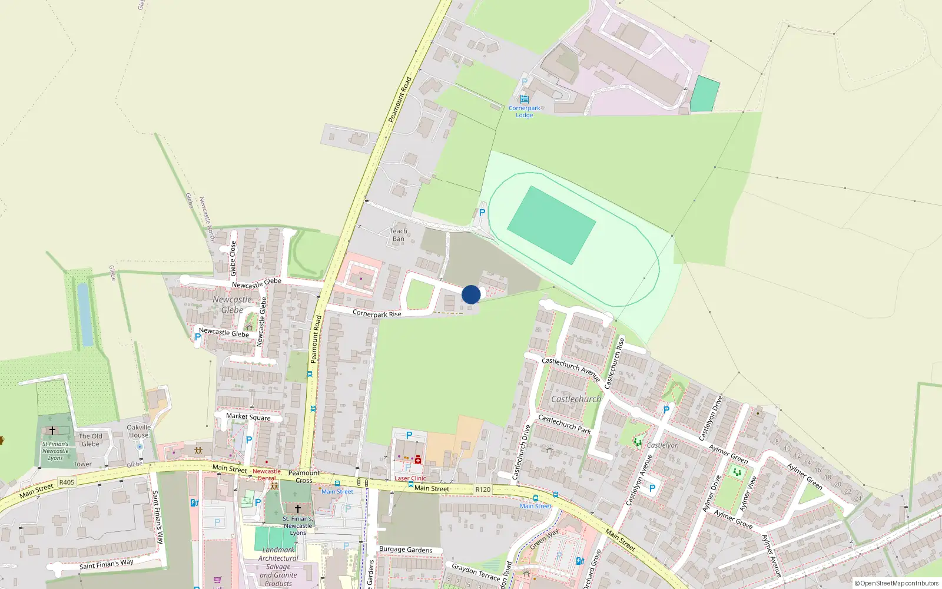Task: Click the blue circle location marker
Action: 471,294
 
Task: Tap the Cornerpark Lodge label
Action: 524,111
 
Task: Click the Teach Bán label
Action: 399,234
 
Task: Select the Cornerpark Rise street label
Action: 377,313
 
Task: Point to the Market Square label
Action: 248,417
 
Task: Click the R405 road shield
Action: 67,482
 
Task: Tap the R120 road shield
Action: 483,489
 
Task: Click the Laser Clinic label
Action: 410,478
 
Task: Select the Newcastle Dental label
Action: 267,474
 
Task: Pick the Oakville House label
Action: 139,431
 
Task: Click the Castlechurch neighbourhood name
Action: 576,399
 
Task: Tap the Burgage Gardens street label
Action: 406,550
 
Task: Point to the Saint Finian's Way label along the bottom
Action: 107,564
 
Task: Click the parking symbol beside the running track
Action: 482,213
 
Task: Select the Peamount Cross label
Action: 304,477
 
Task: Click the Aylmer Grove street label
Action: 733,519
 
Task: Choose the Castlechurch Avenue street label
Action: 570,369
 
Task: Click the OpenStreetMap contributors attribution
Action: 897,583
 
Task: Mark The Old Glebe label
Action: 91,440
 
